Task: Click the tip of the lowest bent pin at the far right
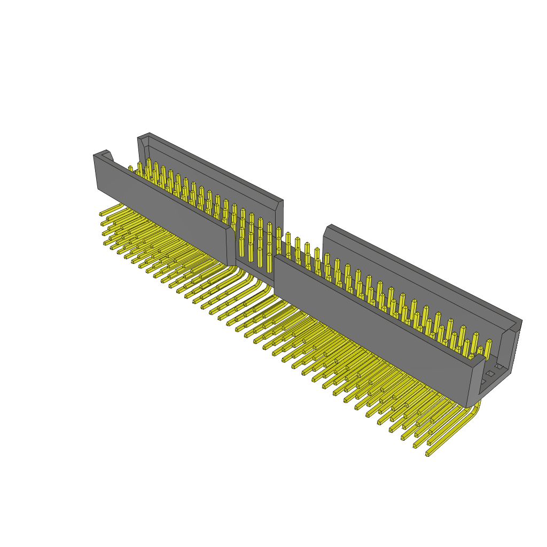point(428,454)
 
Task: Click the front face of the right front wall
point(369,331)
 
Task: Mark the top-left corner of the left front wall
point(95,156)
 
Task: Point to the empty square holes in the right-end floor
point(490,374)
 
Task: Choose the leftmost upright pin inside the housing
point(130,169)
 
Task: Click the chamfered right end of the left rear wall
point(279,203)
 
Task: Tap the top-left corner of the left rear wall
point(139,138)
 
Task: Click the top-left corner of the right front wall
point(275,258)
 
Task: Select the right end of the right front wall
point(475,382)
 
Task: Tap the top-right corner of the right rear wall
point(521,321)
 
